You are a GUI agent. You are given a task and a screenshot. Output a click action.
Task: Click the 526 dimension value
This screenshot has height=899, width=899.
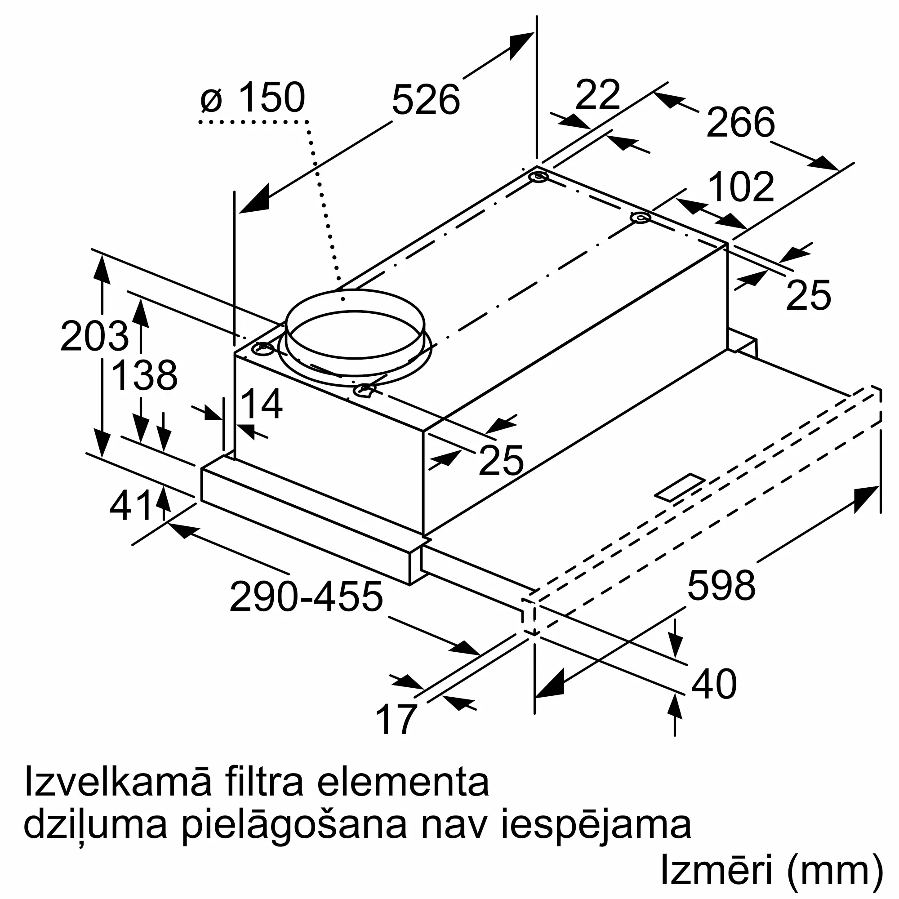[425, 100]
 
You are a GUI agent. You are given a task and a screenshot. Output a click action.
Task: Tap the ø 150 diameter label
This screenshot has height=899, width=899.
[253, 98]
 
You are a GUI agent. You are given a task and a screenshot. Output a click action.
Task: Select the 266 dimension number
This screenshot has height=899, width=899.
[740, 122]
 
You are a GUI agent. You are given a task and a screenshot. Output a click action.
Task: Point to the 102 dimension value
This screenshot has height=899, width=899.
[741, 187]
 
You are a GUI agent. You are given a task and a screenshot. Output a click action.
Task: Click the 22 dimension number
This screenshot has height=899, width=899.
[597, 95]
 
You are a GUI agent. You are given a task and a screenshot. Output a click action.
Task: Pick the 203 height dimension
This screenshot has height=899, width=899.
[94, 336]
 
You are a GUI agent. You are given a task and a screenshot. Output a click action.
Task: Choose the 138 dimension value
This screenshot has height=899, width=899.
[145, 375]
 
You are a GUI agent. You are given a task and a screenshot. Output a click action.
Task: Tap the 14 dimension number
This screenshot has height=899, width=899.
[262, 404]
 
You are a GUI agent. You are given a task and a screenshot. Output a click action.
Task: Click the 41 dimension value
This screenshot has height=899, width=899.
[132, 506]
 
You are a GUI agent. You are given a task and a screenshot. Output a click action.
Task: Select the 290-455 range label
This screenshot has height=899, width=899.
[306, 597]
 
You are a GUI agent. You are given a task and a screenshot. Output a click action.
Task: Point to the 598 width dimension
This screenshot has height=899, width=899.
[721, 585]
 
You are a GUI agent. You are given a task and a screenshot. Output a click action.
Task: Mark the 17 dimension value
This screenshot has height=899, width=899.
[396, 719]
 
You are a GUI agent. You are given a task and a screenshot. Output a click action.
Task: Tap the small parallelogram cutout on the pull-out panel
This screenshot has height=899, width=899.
[680, 487]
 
